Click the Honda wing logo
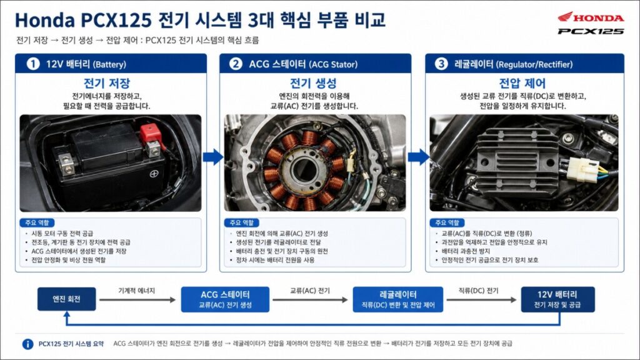pos(566,17)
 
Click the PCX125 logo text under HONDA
pos(591,31)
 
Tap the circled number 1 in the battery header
pos(32,64)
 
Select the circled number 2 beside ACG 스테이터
pos(236,64)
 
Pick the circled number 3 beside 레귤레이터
pos(441,64)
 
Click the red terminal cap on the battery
pos(150,132)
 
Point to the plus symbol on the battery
pos(154,174)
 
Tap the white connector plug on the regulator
pos(582,169)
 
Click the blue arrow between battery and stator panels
pos(213,157)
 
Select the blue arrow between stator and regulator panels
pos(419,157)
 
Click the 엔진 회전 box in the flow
pos(66,299)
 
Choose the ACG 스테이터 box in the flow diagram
pos(225,299)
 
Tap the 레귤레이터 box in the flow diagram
pos(398,299)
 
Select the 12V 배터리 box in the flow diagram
pos(557,299)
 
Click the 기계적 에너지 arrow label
pos(137,291)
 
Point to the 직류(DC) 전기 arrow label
pos(478,291)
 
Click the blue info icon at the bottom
pos(27,344)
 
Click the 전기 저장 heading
pos(107,83)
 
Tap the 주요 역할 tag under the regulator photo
pos(447,223)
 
